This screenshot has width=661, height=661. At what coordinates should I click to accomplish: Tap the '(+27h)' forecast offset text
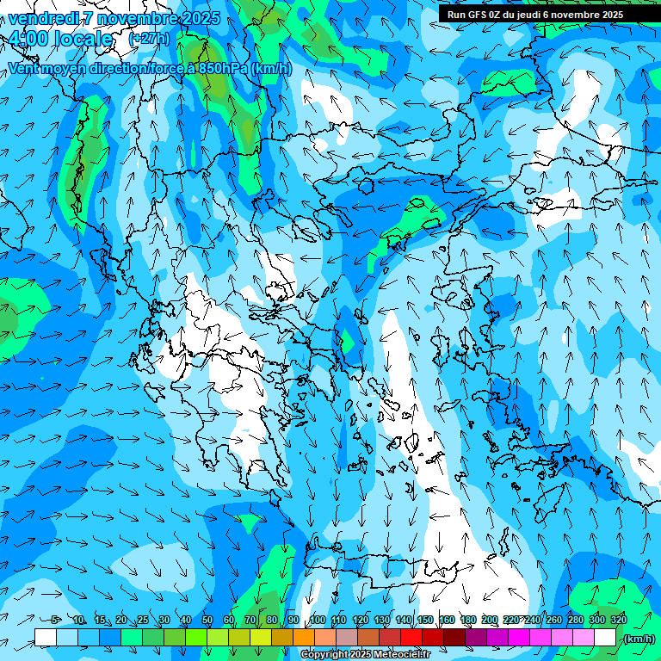tap(149, 39)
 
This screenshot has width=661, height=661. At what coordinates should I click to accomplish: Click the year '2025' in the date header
tap(198, 18)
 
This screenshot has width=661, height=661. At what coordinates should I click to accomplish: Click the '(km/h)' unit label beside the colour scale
tap(639, 639)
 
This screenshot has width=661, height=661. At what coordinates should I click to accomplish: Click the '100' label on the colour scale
tap(317, 620)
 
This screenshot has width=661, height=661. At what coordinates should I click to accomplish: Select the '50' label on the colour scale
tap(207, 620)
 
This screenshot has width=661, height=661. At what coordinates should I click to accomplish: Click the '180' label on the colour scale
tap(467, 620)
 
